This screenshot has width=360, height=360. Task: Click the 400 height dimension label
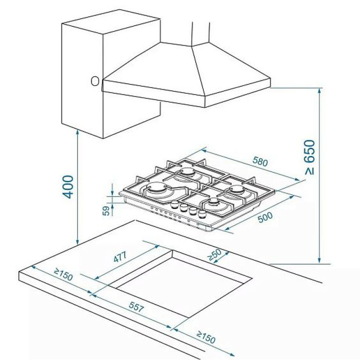click(x=68, y=187)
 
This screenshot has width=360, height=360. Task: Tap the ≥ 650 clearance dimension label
click(x=309, y=157)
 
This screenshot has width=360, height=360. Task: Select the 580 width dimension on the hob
click(x=260, y=161)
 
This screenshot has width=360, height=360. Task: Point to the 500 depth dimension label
click(x=265, y=217)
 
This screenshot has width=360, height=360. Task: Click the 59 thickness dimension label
click(x=106, y=211)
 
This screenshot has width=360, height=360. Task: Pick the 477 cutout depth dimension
click(x=120, y=257)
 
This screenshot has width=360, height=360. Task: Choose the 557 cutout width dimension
click(x=136, y=307)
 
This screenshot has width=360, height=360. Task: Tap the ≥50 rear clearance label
click(x=214, y=255)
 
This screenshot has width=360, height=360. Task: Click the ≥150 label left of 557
click(x=63, y=274)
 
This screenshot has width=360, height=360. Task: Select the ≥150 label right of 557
click(x=206, y=337)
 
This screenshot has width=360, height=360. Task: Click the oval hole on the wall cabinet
click(x=95, y=81)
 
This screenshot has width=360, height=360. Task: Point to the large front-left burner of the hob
click(x=157, y=188)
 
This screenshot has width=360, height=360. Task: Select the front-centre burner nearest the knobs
click(x=214, y=202)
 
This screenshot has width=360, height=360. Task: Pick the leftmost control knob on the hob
click(x=175, y=204)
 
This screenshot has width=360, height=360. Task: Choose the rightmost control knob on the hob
click(x=202, y=214)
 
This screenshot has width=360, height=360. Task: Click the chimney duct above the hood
click(x=201, y=33)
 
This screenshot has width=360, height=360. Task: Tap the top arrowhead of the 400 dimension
click(x=77, y=132)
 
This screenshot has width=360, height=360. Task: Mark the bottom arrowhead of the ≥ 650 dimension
click(x=319, y=260)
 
